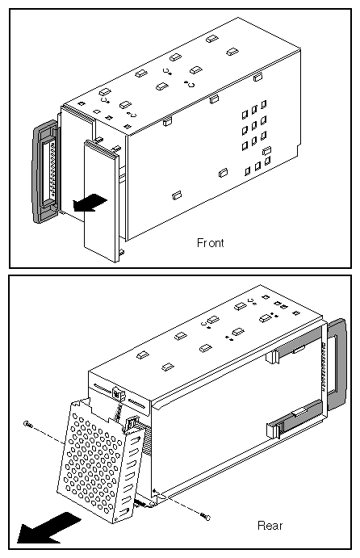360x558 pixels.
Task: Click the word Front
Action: point(210,241)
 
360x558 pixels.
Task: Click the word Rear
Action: point(270,526)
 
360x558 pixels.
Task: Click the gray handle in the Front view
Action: point(41,172)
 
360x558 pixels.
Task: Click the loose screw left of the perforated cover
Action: point(28,424)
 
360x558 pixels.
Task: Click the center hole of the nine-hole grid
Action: point(253,125)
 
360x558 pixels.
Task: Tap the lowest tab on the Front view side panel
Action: point(177,195)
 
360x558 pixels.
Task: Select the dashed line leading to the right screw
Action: point(182,504)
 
